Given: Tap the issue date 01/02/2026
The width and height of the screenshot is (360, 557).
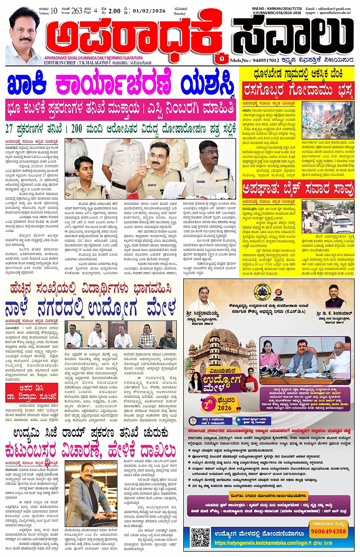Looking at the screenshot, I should pyautogui.click(x=149, y=11).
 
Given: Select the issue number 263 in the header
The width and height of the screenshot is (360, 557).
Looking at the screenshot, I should pyautogui.click(x=77, y=11).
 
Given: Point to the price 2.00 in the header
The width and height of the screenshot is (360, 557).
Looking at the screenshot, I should pyautogui.click(x=114, y=11).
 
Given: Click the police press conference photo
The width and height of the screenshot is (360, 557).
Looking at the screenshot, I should pyautogui.click(x=150, y=169).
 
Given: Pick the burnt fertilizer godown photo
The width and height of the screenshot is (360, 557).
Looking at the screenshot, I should pyautogui.click(x=328, y=120).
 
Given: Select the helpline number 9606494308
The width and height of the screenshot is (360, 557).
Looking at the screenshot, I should pyautogui.click(x=328, y=531).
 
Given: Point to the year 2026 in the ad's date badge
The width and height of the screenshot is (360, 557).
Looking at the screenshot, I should pyautogui.click(x=225, y=408).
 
